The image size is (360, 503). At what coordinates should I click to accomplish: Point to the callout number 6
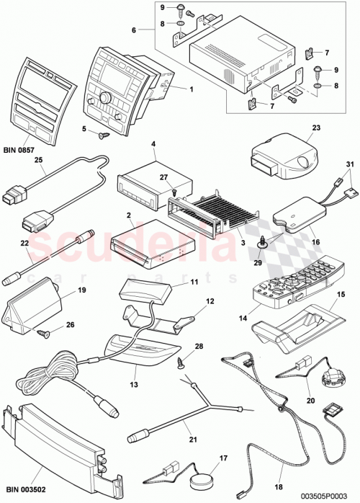point(133,31)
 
